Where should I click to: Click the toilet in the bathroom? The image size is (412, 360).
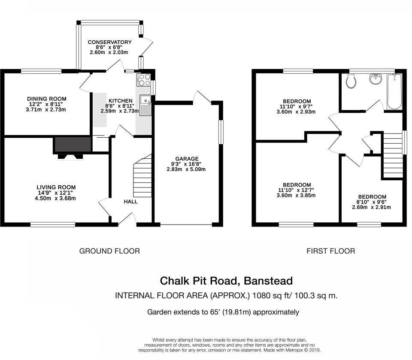click(x=351, y=81)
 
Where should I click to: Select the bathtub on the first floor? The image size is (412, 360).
click(x=394, y=92)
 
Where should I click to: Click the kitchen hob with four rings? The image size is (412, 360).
click(x=143, y=79)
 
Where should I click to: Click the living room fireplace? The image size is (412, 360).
click(x=71, y=146)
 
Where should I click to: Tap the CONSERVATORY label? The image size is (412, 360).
click(x=109, y=42)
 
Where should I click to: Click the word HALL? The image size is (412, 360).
click(x=131, y=201)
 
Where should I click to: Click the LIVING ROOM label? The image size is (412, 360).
click(x=56, y=187)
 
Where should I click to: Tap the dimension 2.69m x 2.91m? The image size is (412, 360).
click(x=371, y=207)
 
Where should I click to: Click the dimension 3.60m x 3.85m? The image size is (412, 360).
click(x=297, y=195)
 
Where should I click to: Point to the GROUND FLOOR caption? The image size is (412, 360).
click(x=109, y=251)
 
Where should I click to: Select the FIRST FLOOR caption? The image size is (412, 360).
click(x=330, y=251)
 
